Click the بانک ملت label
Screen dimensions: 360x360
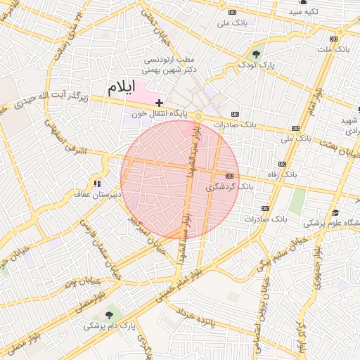[333, 49]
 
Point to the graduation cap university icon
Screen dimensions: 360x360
[335, 212]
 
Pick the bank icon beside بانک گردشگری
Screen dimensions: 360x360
[229, 176]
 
